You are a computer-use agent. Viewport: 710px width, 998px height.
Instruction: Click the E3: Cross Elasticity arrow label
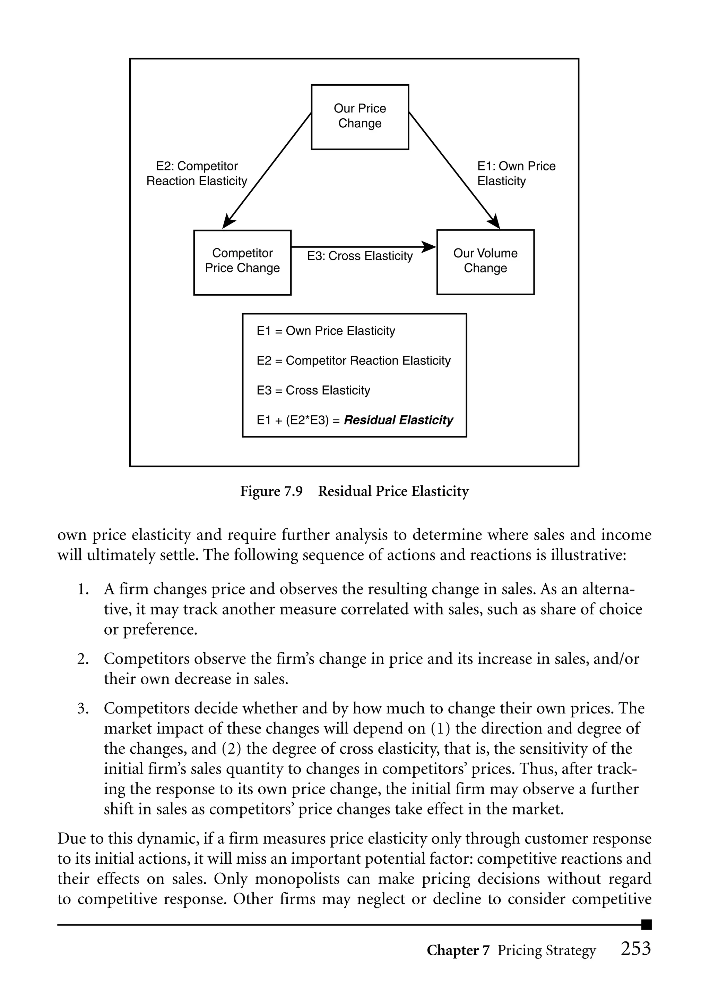tap(360, 256)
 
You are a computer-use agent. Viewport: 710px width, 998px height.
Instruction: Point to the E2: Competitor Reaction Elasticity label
tap(197, 174)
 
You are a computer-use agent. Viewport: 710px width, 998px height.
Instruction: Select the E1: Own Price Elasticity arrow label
tap(516, 174)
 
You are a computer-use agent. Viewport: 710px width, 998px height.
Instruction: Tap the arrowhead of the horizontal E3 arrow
tap(429, 246)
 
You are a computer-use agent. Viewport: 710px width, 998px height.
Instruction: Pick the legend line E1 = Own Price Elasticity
tap(326, 331)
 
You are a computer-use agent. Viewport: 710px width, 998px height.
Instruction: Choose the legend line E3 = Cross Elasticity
tap(313, 390)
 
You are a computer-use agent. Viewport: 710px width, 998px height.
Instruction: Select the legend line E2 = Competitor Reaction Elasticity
tap(353, 361)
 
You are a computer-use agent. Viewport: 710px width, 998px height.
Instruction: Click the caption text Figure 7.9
tap(271, 491)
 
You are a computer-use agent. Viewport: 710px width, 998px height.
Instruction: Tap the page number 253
tap(636, 949)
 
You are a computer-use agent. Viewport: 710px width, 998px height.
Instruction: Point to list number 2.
tap(83, 659)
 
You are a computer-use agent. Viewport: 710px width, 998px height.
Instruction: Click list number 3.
tap(83, 708)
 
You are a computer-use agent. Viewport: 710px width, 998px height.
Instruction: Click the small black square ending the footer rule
tap(646, 924)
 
